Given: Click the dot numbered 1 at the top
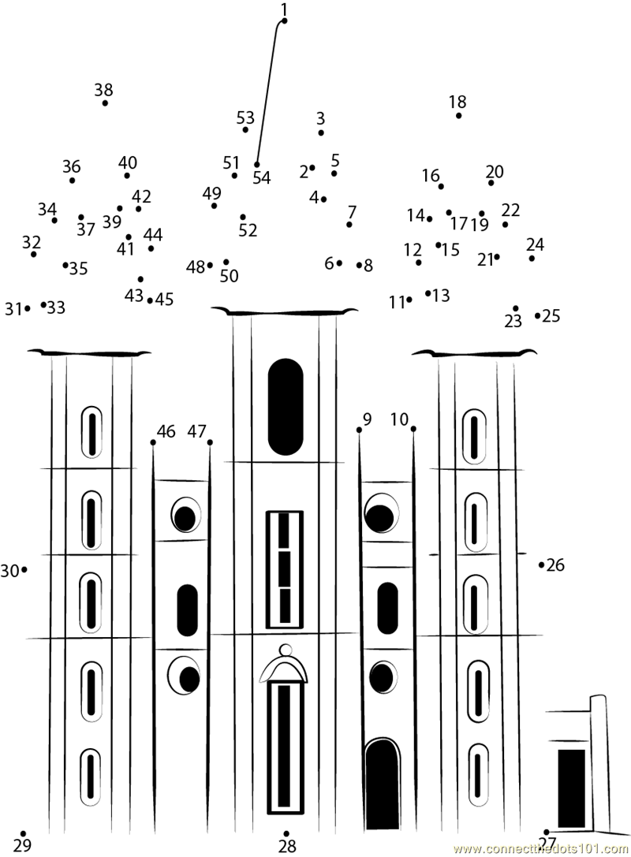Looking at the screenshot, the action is (x=284, y=20).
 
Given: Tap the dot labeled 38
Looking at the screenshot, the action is (x=105, y=102).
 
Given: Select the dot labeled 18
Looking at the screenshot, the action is (x=458, y=115).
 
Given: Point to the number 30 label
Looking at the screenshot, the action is (x=9, y=571).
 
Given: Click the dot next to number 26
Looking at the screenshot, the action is (x=541, y=565).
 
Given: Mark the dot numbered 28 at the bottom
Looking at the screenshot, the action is (x=286, y=834).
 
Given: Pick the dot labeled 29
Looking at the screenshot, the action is (x=23, y=833).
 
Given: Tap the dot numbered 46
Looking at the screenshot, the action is (x=153, y=442).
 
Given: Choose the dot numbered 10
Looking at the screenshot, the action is (x=413, y=429).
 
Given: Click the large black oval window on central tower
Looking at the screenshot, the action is (x=285, y=407).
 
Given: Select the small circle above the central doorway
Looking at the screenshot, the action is (x=286, y=650).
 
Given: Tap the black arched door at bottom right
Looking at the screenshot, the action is (x=383, y=783).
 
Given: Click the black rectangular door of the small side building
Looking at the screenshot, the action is (x=571, y=788).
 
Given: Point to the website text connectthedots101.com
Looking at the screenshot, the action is (x=541, y=849).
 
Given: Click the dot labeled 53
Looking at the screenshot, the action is (x=245, y=129).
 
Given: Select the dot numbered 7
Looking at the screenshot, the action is (x=349, y=225).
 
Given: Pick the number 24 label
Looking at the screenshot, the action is (x=536, y=244).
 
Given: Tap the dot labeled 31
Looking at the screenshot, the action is (x=28, y=308).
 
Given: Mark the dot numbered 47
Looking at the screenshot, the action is (x=210, y=442).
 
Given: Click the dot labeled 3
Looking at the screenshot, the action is (x=321, y=132).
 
